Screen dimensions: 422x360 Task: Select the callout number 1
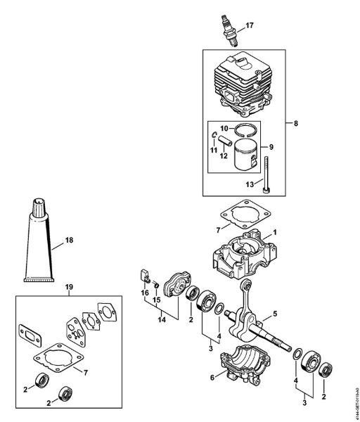pos(275,231)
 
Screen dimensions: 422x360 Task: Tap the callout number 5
pos(275,313)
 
